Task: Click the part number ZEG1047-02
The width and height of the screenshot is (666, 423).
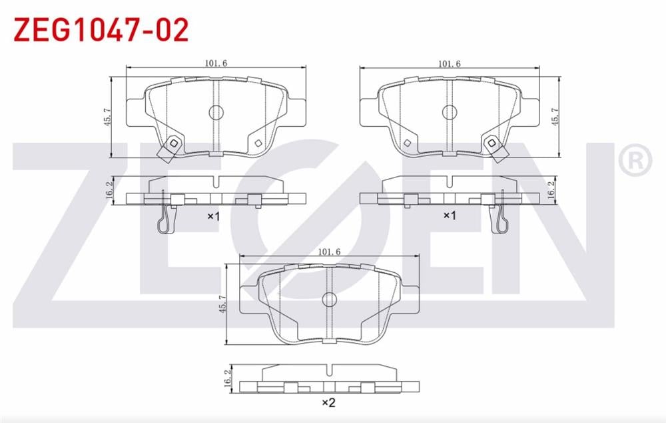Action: pos(101,30)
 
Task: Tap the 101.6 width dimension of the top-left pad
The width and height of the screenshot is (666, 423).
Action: pos(216,63)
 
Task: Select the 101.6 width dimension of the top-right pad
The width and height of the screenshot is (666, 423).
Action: pos(450,64)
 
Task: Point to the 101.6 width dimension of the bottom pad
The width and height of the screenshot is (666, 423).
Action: pos(329,252)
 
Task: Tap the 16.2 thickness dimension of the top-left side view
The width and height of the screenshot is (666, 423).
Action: pos(109,189)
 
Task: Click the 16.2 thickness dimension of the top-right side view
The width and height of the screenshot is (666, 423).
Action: pos(551,189)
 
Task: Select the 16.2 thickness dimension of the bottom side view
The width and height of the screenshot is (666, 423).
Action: pos(228,378)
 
